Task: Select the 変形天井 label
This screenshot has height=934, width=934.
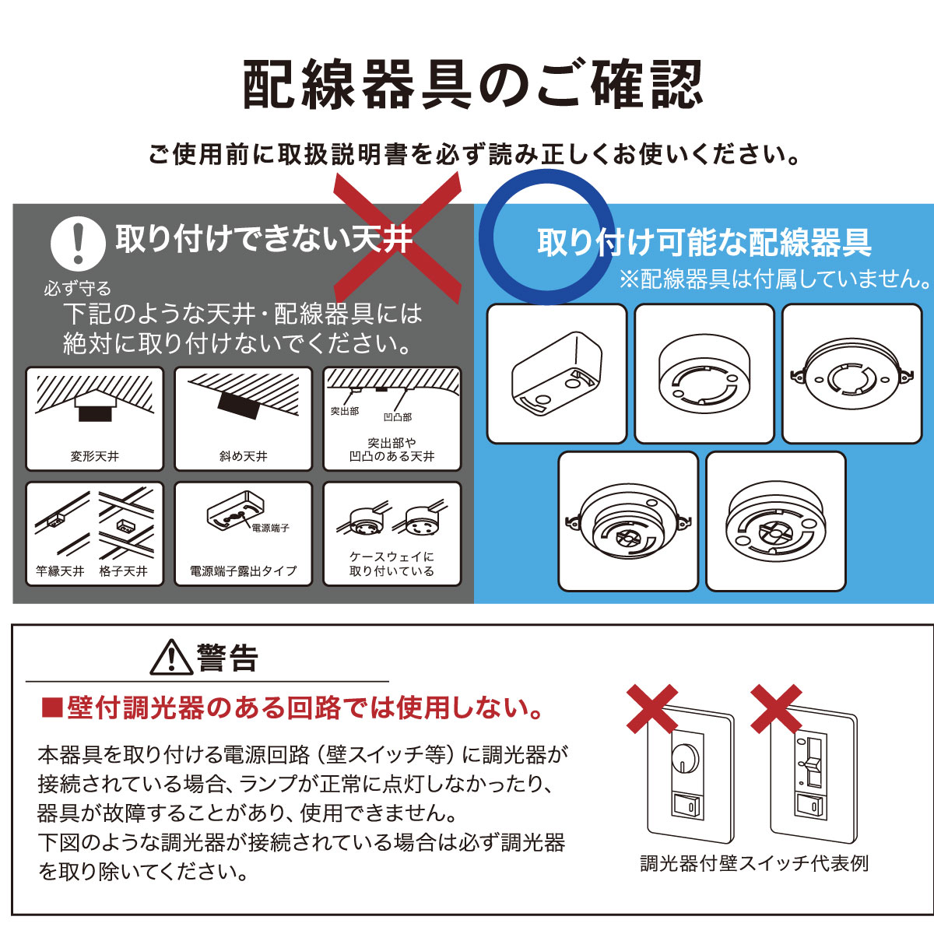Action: (x=94, y=457)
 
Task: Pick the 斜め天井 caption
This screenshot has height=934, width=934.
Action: (x=243, y=457)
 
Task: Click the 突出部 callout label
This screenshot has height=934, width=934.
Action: (x=345, y=411)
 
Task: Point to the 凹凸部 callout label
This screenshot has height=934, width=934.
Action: (x=398, y=417)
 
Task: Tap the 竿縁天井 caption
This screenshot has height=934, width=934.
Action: (x=60, y=571)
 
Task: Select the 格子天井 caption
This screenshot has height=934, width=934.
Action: (x=124, y=571)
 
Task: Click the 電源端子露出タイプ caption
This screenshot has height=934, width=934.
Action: (x=243, y=571)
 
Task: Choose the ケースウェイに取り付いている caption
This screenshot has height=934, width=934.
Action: (x=392, y=564)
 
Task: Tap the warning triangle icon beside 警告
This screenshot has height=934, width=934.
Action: (x=171, y=658)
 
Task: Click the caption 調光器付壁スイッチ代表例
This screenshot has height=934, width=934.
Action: (x=753, y=863)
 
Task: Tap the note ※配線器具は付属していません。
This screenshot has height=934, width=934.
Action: (x=775, y=279)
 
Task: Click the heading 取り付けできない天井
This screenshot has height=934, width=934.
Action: (x=264, y=239)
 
